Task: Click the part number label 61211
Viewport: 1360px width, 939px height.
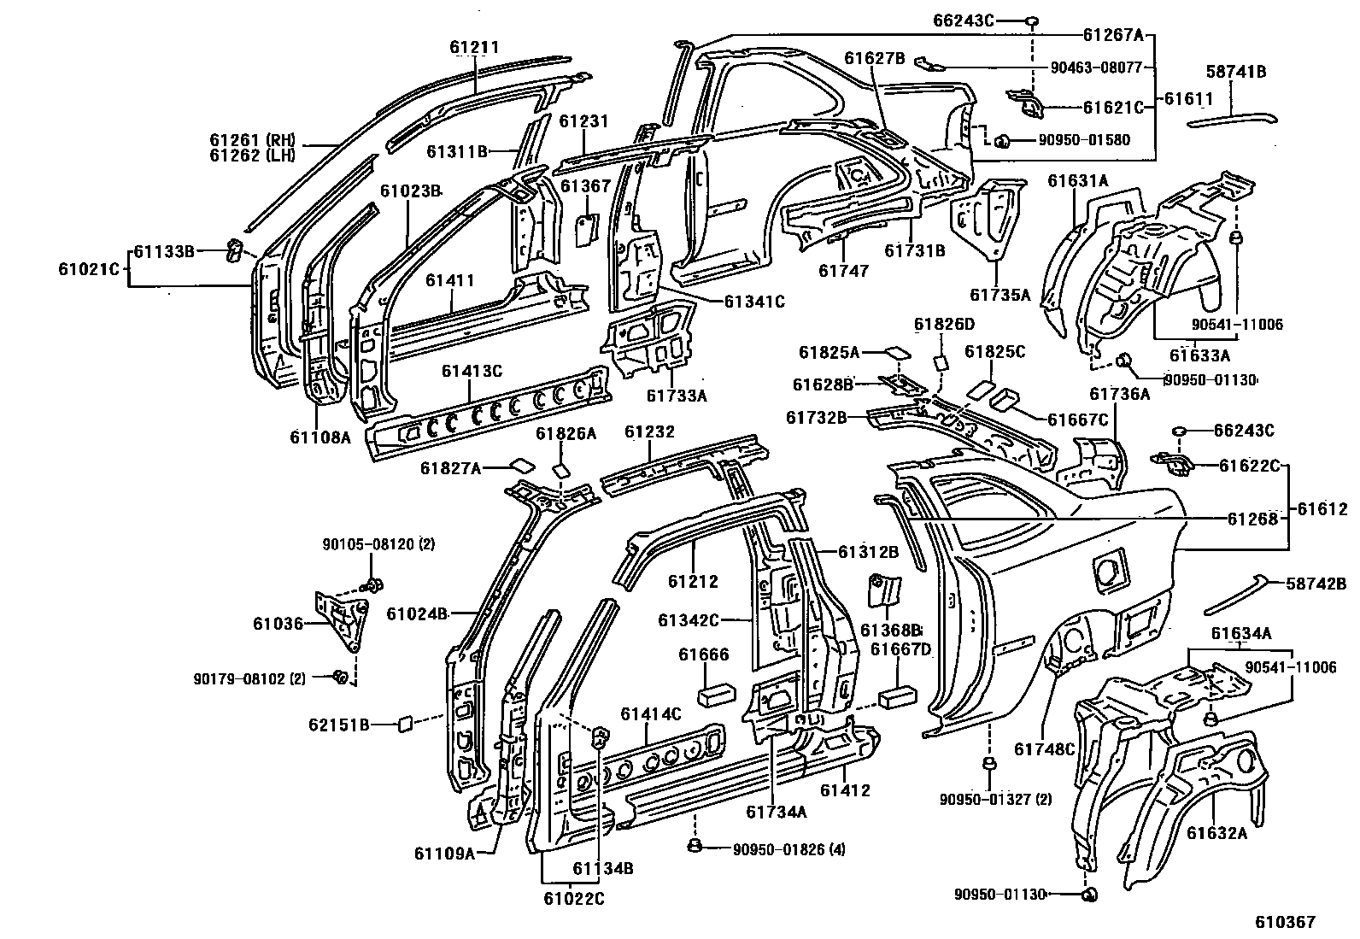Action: (474, 47)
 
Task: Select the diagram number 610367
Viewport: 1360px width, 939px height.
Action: (1286, 922)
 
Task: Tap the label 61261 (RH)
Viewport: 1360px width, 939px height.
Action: (253, 140)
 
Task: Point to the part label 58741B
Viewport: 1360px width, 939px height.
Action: (1235, 72)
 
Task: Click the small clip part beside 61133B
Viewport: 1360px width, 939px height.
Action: (234, 250)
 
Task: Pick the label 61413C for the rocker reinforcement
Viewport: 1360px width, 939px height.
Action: (472, 371)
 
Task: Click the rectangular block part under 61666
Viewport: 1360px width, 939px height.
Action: (717, 695)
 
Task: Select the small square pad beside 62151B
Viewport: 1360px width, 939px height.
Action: (405, 724)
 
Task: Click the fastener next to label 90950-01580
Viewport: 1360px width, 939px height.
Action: (1002, 142)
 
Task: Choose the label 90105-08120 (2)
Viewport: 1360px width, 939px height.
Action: (378, 544)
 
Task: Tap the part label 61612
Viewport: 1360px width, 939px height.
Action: (1322, 509)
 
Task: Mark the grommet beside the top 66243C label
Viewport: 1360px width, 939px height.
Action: (1031, 22)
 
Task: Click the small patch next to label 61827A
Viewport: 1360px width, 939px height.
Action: (522, 466)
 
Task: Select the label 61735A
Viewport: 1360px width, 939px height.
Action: (1000, 295)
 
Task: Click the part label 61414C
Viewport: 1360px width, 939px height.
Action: (651, 714)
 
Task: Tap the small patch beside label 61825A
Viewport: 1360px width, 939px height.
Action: (897, 352)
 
